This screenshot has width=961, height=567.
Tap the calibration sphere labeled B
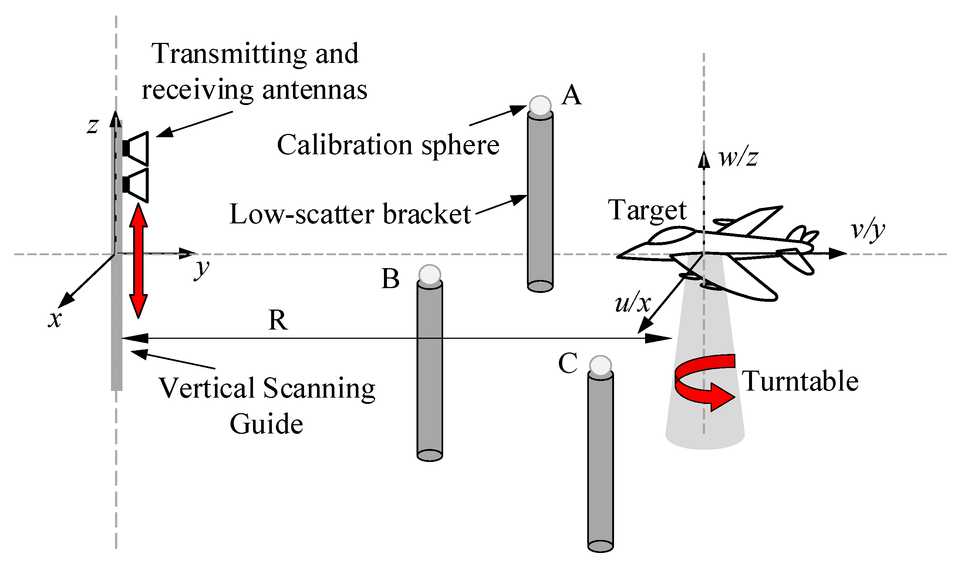(429, 275)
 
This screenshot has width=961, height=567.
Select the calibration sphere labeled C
(600, 366)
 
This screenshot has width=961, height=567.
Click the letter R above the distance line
(278, 320)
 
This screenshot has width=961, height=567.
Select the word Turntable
(800, 382)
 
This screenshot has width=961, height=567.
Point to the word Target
(647, 210)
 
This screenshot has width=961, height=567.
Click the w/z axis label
(738, 157)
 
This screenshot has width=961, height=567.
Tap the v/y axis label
(867, 230)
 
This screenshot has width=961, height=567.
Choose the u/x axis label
(633, 303)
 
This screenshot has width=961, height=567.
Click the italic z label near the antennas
(92, 126)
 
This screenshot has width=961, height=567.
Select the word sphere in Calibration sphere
(460, 146)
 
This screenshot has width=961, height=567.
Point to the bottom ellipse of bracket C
(600, 546)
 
